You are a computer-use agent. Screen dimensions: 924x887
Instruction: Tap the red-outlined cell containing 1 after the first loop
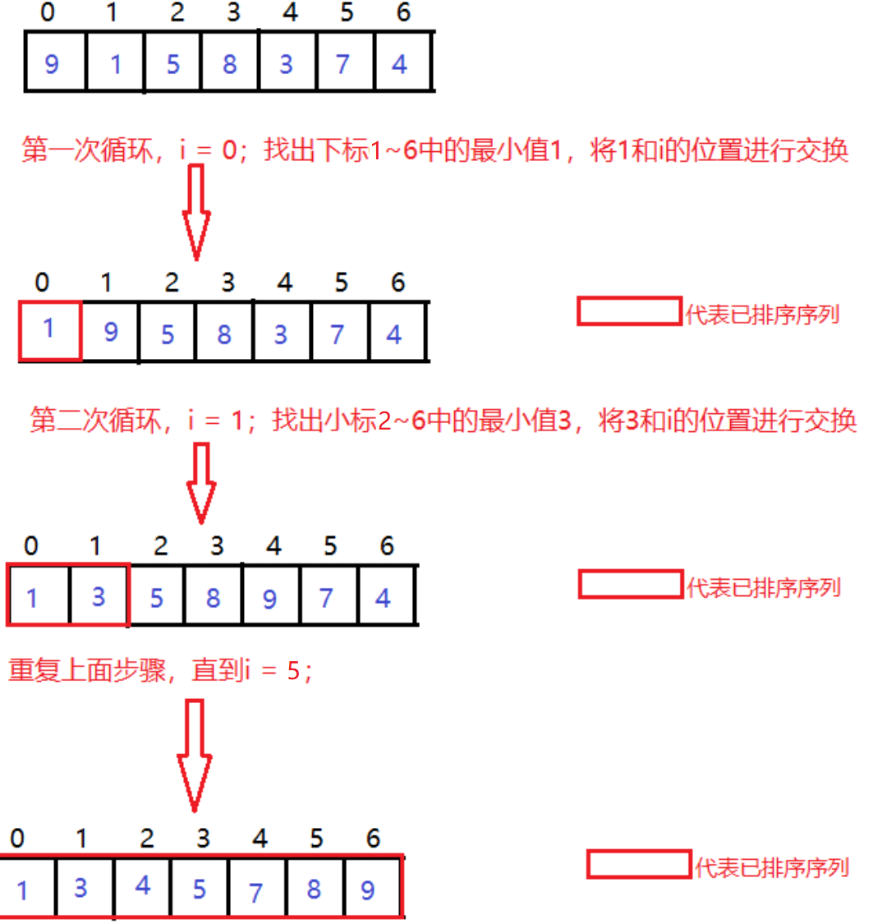click(x=48, y=330)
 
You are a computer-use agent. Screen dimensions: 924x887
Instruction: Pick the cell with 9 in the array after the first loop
click(x=110, y=332)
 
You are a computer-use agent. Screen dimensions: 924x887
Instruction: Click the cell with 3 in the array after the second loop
click(x=99, y=596)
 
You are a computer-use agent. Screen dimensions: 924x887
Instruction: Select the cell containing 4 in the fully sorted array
click(x=143, y=886)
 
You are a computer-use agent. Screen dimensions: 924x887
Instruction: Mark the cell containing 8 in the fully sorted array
click(x=313, y=888)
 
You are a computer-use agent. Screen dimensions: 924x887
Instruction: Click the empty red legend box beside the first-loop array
click(x=629, y=311)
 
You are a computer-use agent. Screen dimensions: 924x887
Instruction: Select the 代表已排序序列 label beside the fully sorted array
click(x=771, y=867)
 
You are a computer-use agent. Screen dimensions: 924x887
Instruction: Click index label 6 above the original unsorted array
click(x=403, y=12)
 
